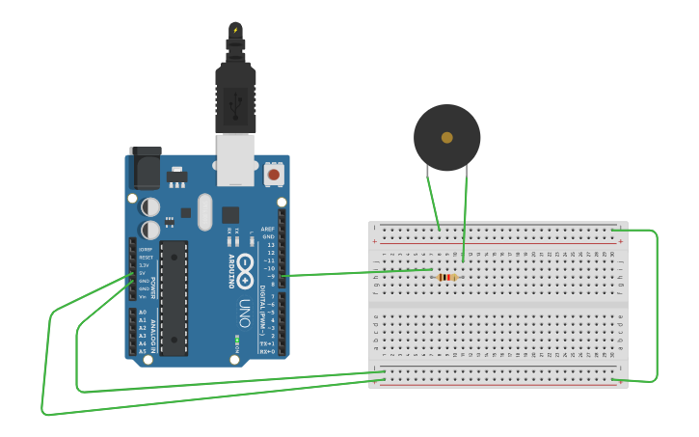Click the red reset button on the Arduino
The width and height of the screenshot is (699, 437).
(x=274, y=175)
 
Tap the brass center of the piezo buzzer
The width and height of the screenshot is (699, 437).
(x=446, y=138)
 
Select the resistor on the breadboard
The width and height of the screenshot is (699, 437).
(x=445, y=278)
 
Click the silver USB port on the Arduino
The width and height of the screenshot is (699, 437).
(x=235, y=159)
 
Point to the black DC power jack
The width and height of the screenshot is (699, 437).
(x=146, y=168)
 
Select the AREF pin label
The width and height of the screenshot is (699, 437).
(x=268, y=229)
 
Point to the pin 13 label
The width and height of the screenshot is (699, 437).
(x=271, y=245)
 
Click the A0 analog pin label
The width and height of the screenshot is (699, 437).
(x=143, y=313)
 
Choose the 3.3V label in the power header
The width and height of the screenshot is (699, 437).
(x=144, y=265)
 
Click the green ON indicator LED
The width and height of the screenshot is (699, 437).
(x=236, y=341)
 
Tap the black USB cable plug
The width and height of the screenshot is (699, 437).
(x=235, y=92)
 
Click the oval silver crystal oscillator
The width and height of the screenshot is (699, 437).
(x=204, y=212)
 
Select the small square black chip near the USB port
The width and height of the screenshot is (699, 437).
(x=230, y=214)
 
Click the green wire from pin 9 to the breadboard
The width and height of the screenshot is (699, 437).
(x=357, y=273)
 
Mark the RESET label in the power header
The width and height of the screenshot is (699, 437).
(x=145, y=258)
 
